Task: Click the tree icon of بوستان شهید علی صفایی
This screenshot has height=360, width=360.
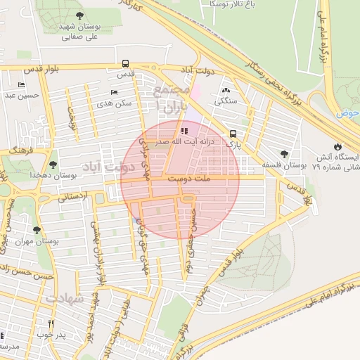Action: point(78,15)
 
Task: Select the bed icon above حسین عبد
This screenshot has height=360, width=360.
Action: point(21,85)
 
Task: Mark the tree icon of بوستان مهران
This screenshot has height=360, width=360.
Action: point(37,230)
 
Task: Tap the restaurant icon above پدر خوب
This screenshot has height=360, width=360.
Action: point(51,323)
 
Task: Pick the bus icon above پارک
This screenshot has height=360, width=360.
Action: point(233,133)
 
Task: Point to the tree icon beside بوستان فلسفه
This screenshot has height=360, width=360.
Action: point(284,154)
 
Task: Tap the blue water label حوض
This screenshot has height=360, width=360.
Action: point(347,112)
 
